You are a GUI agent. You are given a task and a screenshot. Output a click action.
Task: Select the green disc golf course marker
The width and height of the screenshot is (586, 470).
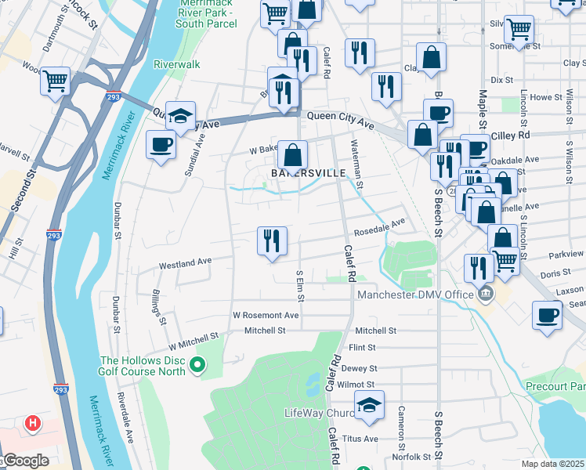(x=198, y=364)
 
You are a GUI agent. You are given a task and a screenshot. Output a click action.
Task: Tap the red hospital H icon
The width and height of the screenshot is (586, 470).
(x=32, y=424)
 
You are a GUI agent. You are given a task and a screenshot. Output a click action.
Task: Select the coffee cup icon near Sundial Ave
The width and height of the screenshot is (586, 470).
(x=161, y=146)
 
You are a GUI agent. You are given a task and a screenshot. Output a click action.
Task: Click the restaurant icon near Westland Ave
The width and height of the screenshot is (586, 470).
(x=272, y=241)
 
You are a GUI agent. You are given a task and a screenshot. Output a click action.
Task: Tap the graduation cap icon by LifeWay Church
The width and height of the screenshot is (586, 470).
(x=369, y=404)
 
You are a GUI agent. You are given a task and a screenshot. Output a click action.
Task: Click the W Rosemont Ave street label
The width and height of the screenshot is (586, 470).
(x=266, y=315)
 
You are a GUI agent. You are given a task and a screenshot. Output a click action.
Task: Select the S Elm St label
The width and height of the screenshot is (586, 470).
(x=299, y=284)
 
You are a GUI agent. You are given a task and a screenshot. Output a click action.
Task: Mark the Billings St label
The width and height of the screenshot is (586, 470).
(x=158, y=305)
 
